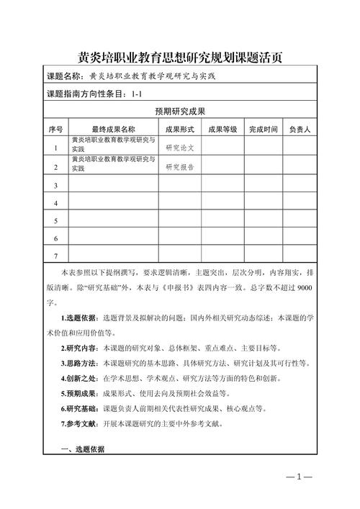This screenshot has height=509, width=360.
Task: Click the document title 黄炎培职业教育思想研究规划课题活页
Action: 180,55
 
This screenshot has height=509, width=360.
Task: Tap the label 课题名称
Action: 65,76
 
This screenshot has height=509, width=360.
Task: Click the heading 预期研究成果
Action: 180,112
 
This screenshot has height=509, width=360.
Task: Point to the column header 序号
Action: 56,130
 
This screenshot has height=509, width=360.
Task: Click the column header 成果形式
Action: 180,130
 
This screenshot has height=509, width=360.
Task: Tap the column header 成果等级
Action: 222,130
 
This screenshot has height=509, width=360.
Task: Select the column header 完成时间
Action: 264,130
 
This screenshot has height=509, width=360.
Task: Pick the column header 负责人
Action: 300,130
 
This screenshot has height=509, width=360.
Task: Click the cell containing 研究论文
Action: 180,147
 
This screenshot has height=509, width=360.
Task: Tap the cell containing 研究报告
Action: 180,167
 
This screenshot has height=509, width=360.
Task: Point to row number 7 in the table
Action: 56,256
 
